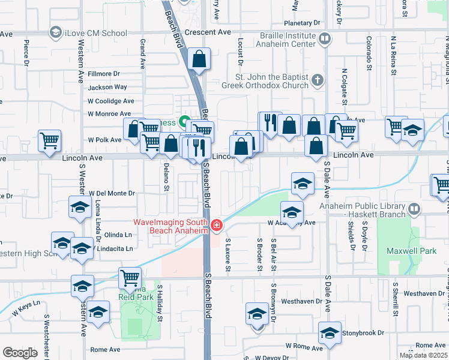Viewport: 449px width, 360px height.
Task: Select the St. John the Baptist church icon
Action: (x=318, y=80)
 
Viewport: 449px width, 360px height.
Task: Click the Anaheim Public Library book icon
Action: (x=414, y=209)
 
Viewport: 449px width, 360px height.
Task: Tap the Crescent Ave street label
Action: (x=208, y=32)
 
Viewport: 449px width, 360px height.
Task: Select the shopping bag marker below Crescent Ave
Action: (x=199, y=60)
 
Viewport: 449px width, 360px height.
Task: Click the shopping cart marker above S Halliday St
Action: (x=130, y=278)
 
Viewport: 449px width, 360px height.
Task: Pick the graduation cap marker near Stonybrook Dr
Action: (x=330, y=332)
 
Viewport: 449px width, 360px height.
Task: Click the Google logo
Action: (x=20, y=352)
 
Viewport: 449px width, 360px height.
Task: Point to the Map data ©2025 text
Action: (x=423, y=355)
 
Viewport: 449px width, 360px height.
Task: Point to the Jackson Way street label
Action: (x=107, y=87)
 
